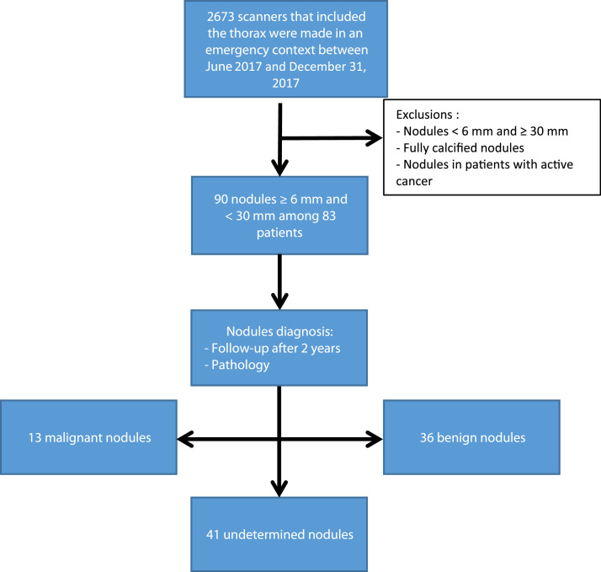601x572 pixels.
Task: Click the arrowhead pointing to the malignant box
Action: pyautogui.click(x=183, y=437)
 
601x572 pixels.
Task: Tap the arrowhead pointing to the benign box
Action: pyautogui.click(x=373, y=437)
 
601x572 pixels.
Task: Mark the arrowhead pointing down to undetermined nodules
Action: pyautogui.click(x=279, y=489)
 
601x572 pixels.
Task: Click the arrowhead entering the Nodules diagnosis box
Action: pyautogui.click(x=279, y=301)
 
